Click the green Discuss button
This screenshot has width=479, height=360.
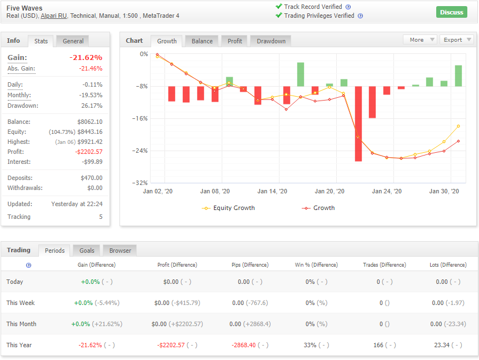(452, 12)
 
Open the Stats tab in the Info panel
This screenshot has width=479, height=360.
(41, 41)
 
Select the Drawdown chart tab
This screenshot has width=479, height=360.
(271, 41)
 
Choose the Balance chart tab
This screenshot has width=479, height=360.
(202, 41)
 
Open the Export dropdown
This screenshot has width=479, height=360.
(457, 39)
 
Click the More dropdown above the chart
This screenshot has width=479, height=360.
(420, 39)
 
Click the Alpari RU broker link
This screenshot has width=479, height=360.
(53, 16)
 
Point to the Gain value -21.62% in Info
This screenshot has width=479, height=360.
(86, 57)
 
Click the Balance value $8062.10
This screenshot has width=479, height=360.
(90, 122)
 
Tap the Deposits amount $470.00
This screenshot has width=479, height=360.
(91, 178)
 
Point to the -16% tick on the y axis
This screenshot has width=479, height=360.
(140, 118)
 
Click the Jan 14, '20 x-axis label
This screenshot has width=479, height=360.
(272, 192)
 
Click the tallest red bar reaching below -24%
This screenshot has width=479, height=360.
(358, 124)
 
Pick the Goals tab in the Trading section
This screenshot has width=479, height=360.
(87, 251)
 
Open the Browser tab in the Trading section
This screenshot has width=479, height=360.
(120, 251)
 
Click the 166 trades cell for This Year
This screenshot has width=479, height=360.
(378, 345)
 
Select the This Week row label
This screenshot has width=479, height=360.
(21, 303)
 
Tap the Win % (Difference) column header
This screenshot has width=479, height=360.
(316, 265)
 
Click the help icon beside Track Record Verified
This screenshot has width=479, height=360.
(348, 7)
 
